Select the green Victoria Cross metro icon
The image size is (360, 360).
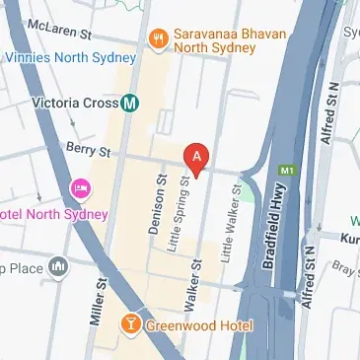click(x=130, y=102)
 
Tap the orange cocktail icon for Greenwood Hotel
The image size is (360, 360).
click(x=129, y=324)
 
